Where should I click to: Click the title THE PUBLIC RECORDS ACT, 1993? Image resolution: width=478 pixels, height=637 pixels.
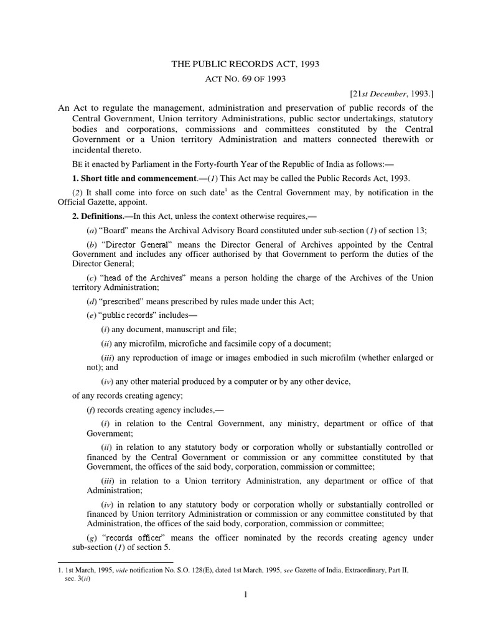coord(245,63)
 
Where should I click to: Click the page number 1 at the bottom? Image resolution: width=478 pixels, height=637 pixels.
coord(246,595)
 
